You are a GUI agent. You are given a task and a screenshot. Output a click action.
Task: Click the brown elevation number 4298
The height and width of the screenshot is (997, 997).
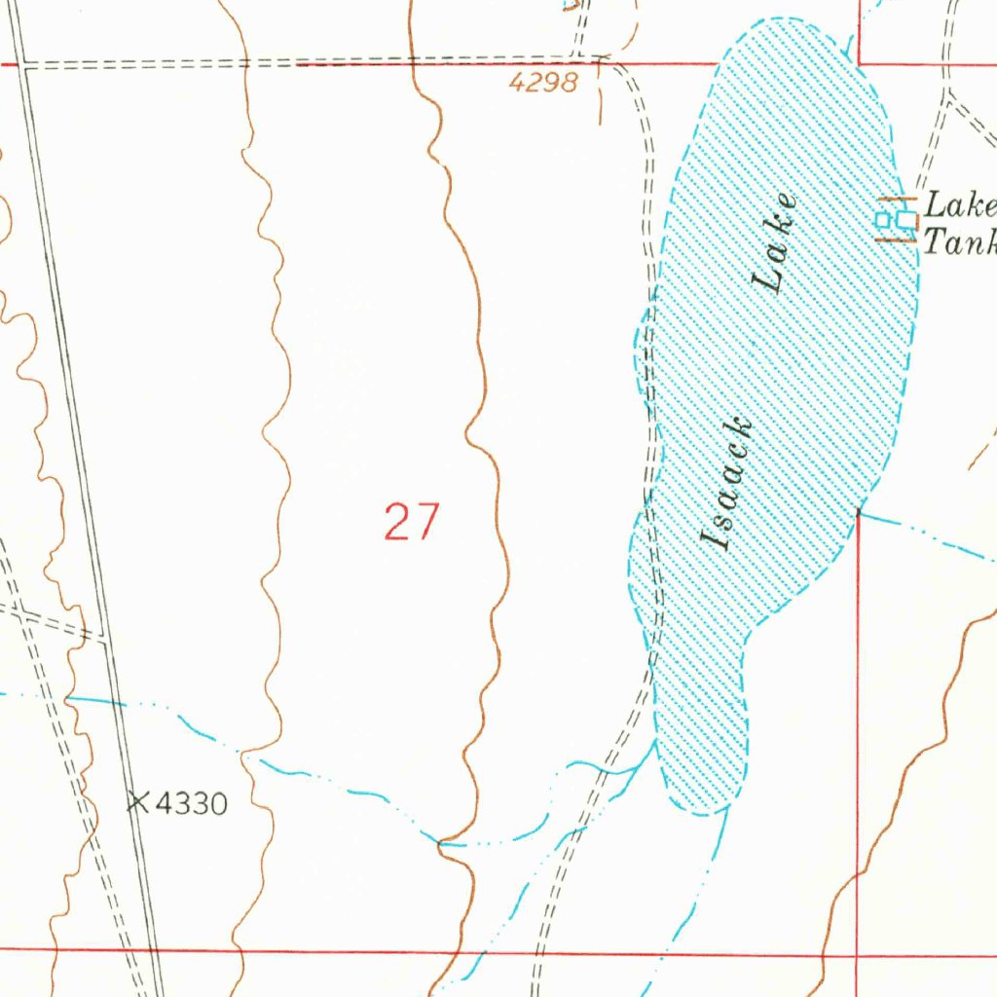pos(543,83)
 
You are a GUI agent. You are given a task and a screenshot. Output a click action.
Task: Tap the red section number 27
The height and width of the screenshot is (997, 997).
pos(412,522)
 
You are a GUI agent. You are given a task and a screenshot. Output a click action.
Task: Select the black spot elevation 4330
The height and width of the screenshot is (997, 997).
pos(191,804)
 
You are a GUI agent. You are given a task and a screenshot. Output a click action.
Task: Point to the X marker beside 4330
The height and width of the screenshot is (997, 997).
pos(138,802)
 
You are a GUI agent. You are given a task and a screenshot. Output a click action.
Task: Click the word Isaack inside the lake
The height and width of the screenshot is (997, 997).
pos(727,484)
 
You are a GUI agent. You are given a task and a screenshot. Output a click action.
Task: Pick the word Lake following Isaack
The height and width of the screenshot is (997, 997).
pos(776,243)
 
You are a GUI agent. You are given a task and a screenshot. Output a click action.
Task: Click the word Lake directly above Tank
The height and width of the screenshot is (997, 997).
pos(960,205)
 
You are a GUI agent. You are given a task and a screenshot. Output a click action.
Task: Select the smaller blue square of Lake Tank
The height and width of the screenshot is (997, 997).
pos(884,220)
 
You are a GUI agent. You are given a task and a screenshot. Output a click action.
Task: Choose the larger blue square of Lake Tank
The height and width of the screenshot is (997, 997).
pos(906,220)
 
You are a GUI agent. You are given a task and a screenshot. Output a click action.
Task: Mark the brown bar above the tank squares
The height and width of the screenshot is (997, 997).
pos(896,200)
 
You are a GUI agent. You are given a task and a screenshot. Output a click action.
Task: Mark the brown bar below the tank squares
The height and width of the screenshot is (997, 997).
pos(896,240)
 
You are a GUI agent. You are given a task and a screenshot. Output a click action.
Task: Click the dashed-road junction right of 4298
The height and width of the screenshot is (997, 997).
pos(601,60)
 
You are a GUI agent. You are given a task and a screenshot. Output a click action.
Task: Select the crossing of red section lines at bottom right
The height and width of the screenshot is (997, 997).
pos(860,956)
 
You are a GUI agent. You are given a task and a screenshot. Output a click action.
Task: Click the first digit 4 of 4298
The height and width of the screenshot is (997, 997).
pos(516,83)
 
